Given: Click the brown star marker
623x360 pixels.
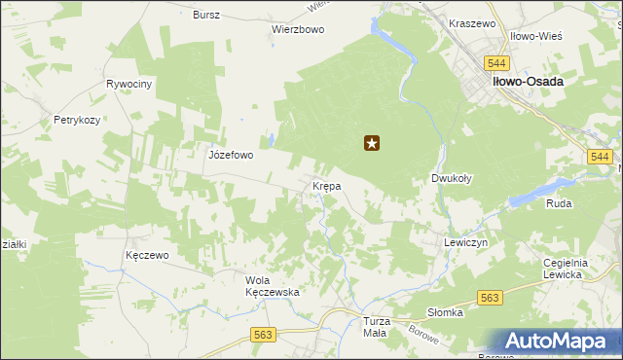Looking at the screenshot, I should click(x=371, y=144).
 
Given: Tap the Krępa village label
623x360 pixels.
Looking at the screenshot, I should click(x=325, y=185).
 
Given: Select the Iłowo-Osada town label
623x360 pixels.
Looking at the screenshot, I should click(x=528, y=82).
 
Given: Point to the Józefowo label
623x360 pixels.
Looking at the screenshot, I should click(x=231, y=155).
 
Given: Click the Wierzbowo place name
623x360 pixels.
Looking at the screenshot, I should click(x=297, y=29).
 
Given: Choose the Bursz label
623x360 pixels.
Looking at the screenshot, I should click(x=206, y=16).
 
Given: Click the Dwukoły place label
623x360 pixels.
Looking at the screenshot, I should click(x=452, y=179).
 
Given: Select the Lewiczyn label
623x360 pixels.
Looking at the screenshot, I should click(x=464, y=241).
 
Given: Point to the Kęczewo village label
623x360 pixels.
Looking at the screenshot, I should click(x=148, y=255).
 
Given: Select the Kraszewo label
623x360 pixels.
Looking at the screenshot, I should click(x=473, y=22).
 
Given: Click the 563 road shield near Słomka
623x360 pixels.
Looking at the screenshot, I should click(x=490, y=299).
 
